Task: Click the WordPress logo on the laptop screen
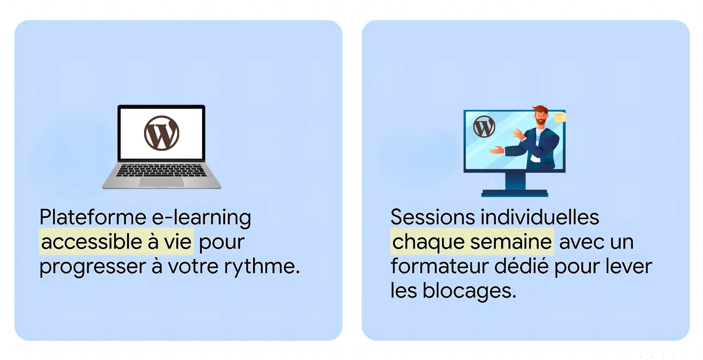click(x=161, y=133)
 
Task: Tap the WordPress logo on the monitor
click(x=484, y=127)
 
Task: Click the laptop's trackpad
click(x=161, y=182)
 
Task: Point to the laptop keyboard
click(x=161, y=170)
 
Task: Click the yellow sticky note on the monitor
click(x=560, y=117)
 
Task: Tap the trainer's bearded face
click(x=540, y=117)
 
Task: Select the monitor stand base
click(x=514, y=193)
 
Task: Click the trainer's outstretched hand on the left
click(x=496, y=150)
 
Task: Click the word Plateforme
click(x=93, y=217)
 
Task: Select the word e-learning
click(x=201, y=218)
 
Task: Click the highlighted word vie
click(x=178, y=242)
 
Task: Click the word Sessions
click(x=433, y=217)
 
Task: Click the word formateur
click(x=439, y=266)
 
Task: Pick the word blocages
click(x=469, y=291)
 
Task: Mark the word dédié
click(x=522, y=266)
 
